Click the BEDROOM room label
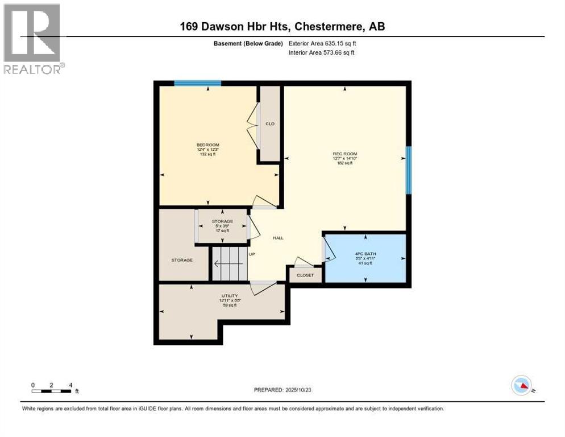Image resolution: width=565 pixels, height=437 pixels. click(207, 145)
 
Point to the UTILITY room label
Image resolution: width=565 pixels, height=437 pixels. click(229, 296)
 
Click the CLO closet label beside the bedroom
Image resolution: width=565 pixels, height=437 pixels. click(270, 123)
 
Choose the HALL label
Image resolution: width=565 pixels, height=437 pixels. click(278, 238)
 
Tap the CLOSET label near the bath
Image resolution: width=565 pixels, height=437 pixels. click(305, 275)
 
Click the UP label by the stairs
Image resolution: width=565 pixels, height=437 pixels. click(251, 254)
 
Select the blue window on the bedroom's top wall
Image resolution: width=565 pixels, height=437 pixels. click(197, 83)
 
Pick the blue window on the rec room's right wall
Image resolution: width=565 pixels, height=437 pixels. click(408, 170)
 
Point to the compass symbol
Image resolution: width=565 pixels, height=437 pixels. click(522, 386)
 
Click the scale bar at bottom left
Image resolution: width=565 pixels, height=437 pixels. click(52, 390)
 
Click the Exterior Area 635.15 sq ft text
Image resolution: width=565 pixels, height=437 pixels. click(323, 43)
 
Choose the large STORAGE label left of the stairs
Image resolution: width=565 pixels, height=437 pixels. click(182, 260)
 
